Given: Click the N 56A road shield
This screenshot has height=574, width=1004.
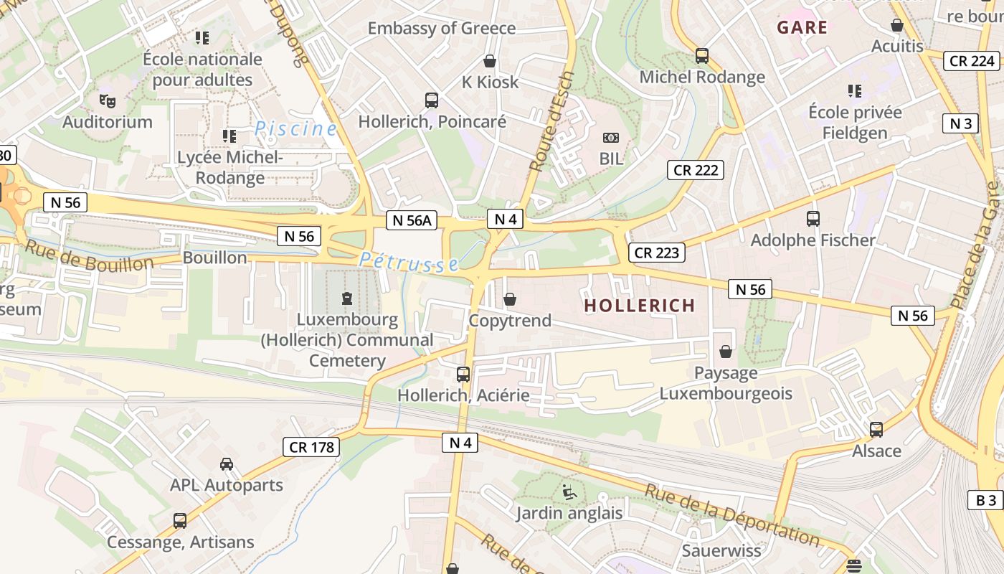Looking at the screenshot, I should point(412,220).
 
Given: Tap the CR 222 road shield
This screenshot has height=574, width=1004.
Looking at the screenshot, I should point(695,170).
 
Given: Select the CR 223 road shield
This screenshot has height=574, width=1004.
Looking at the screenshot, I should point(657,253).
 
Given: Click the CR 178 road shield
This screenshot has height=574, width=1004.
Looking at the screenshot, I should point(311,448).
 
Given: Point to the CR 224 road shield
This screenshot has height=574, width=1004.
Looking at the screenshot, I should point(972,61).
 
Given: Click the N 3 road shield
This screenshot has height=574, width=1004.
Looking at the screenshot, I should point(960,123).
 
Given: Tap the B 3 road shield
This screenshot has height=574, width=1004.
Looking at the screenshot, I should point(986,500).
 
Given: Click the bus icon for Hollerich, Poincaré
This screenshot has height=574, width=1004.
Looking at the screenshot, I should point(432,100).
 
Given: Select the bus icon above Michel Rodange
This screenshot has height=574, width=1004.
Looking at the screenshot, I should point(702,56).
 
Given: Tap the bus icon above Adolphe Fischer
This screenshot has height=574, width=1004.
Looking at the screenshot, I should point(813,219).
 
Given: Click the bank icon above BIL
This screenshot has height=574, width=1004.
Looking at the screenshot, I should point(611,137).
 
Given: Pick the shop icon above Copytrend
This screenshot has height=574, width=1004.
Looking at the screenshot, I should point(510,299).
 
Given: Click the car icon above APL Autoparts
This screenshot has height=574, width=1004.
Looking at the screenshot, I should point(227,464).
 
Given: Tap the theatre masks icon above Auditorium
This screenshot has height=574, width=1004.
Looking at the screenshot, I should point(108,100).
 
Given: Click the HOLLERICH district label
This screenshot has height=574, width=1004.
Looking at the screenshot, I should point(639,306).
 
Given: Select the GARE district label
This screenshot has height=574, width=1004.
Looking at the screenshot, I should point(802,28).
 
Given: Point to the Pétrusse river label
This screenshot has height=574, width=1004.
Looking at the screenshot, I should point(409,262).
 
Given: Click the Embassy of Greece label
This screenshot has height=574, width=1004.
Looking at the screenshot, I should point(442,28).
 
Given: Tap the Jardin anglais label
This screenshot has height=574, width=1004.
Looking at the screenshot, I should point(569,513).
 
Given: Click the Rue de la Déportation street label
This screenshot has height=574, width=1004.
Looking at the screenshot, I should point(731,515).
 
